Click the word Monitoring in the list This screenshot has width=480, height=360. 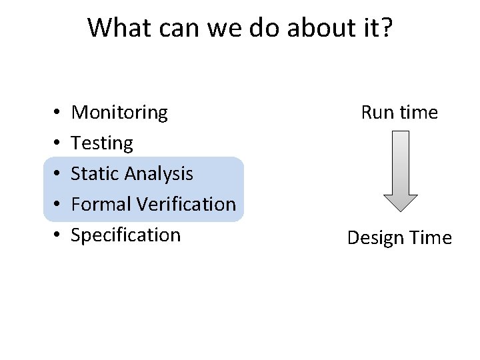coord(119,113)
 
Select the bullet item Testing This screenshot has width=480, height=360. coord(102,143)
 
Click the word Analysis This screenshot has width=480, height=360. coord(159,173)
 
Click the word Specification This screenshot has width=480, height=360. coord(125,235)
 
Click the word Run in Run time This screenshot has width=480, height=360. coord(376,113)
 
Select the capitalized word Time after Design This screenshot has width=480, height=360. coord(431,238)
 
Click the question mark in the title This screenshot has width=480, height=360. coord(386,27)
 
